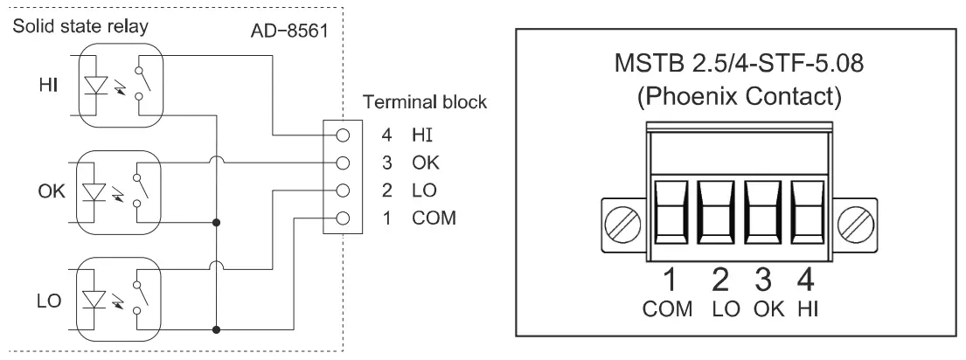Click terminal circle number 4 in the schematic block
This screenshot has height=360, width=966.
pos(344,136)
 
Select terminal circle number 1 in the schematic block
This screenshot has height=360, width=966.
pos(344,218)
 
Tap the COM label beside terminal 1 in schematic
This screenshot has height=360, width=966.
pos(434,217)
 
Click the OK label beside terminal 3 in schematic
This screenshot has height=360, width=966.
pos(427,163)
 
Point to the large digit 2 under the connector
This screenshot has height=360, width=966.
pos(718,282)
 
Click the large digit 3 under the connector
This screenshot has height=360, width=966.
pos(762,282)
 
